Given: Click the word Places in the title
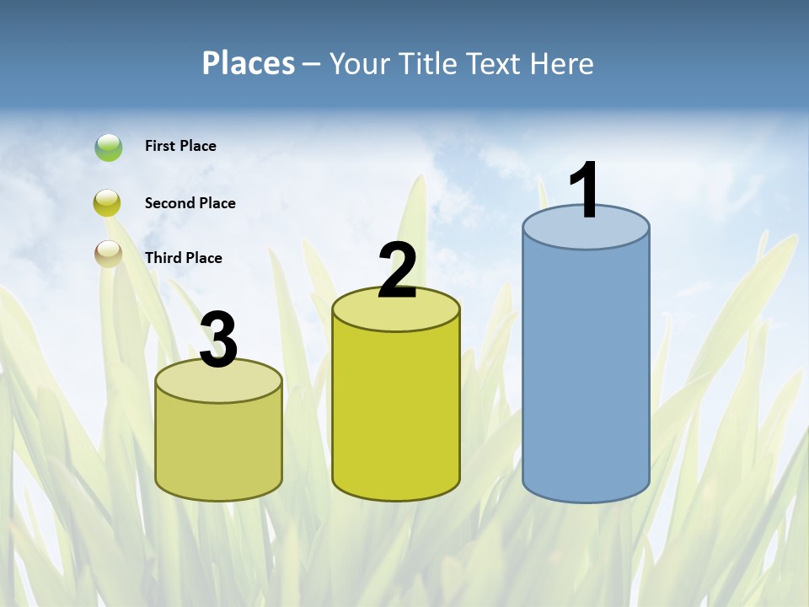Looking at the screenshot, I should pos(248,63).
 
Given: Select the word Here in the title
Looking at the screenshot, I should pos(560,63).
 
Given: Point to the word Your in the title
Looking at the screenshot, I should pos(359,63).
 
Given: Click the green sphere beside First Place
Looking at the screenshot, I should pos(109,148).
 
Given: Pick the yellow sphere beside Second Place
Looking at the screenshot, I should pos(108,203).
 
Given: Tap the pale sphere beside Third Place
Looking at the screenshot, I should pos(108,254).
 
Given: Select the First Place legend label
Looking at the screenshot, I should pos(180,146).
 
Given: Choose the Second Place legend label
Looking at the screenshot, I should pos(190,203).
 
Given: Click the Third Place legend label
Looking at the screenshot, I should pos(183,258).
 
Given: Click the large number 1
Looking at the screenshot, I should pos(584,191).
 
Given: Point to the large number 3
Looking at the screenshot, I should pos(219,340).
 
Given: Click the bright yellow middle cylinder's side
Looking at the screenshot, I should pos(396,413).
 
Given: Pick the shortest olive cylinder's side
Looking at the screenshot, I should pos(219,447).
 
